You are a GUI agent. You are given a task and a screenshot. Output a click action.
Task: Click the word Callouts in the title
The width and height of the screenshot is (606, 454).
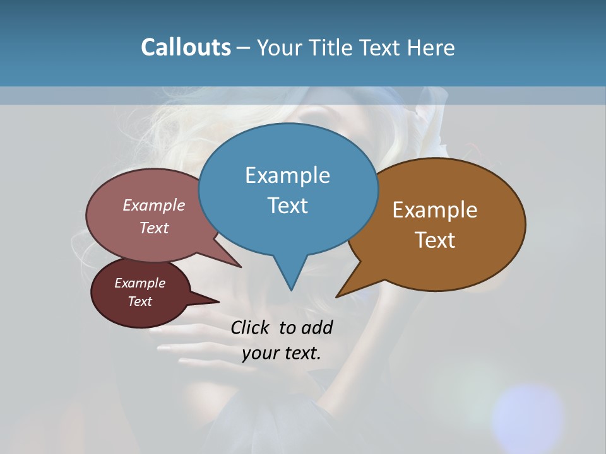[x=186, y=47]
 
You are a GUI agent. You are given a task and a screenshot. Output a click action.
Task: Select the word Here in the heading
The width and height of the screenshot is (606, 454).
[x=431, y=47]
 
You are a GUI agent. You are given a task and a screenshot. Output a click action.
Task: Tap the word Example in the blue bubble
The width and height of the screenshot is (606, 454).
[x=287, y=175]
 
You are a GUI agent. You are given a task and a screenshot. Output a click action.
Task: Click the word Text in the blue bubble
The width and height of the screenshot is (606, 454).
[x=287, y=206]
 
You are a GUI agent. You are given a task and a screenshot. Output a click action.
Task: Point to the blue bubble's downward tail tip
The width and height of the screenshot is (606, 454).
[x=291, y=288]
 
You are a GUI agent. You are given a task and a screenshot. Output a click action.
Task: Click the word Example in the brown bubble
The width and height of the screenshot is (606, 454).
[x=435, y=210]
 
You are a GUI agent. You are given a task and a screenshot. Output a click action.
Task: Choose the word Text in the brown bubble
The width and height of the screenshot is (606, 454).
[x=435, y=240]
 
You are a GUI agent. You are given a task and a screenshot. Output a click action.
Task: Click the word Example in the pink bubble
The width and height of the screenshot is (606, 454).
[x=153, y=205]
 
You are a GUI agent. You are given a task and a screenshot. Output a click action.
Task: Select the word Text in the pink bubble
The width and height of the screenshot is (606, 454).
[x=153, y=228]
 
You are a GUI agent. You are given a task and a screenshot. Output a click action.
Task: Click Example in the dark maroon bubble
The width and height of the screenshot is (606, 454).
[x=140, y=283]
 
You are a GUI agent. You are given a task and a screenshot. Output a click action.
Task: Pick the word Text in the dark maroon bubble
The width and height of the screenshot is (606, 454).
[x=140, y=301]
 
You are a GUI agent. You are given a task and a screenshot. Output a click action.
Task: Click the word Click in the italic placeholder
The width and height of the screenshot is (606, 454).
[x=251, y=327]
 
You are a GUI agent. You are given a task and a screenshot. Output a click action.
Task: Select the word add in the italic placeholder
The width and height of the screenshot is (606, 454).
[x=317, y=327]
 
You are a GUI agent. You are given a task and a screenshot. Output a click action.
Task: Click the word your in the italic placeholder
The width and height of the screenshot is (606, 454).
[x=259, y=353]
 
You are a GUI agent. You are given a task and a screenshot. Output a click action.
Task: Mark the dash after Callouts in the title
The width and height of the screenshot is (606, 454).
[x=244, y=48]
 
